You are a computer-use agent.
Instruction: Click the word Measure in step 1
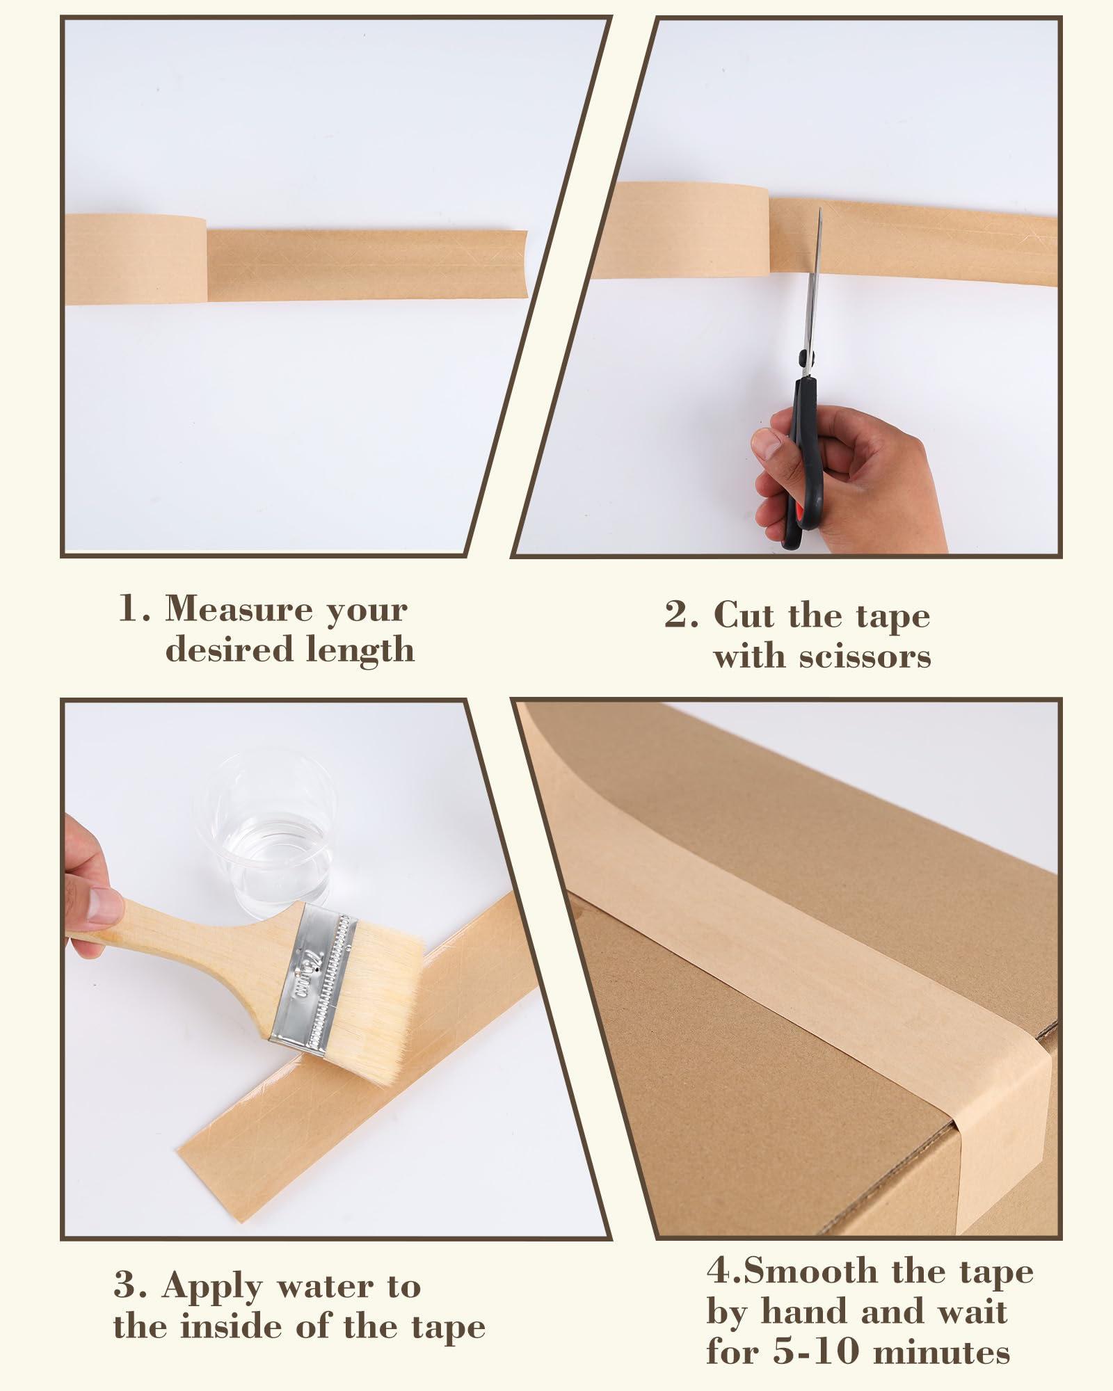coord(239,610)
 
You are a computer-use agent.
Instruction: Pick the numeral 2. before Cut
coord(681,615)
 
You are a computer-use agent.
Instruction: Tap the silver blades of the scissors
coord(812,285)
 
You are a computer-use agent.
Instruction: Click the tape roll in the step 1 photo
coord(136,259)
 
